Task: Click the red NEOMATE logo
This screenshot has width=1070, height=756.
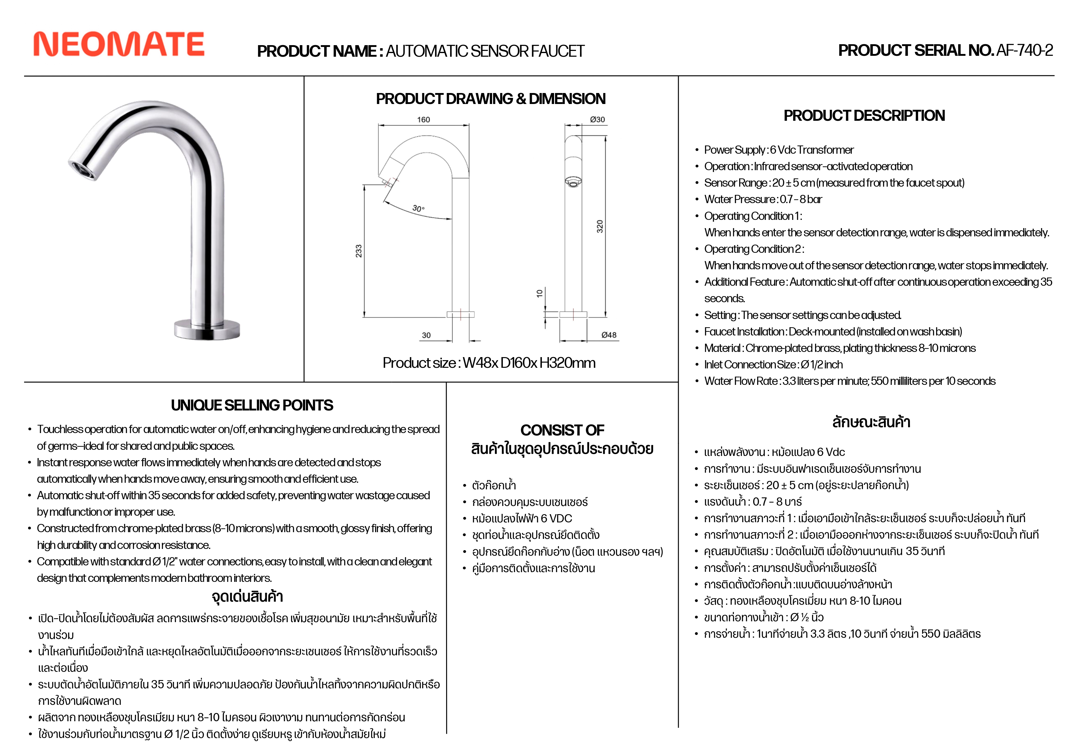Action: [119, 44]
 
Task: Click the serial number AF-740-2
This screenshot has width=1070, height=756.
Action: [1024, 50]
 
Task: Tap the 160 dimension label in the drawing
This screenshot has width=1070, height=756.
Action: [423, 120]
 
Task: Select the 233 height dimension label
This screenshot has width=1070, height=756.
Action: [358, 251]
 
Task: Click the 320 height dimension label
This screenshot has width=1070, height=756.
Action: [600, 227]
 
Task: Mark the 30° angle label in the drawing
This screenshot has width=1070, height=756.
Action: [418, 208]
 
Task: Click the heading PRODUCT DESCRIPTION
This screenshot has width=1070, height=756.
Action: [864, 116]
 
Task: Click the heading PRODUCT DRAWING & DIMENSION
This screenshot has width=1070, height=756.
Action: [491, 99]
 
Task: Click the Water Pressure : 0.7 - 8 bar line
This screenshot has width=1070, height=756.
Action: [763, 199]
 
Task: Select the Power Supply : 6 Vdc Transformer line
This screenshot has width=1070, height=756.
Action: [779, 150]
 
